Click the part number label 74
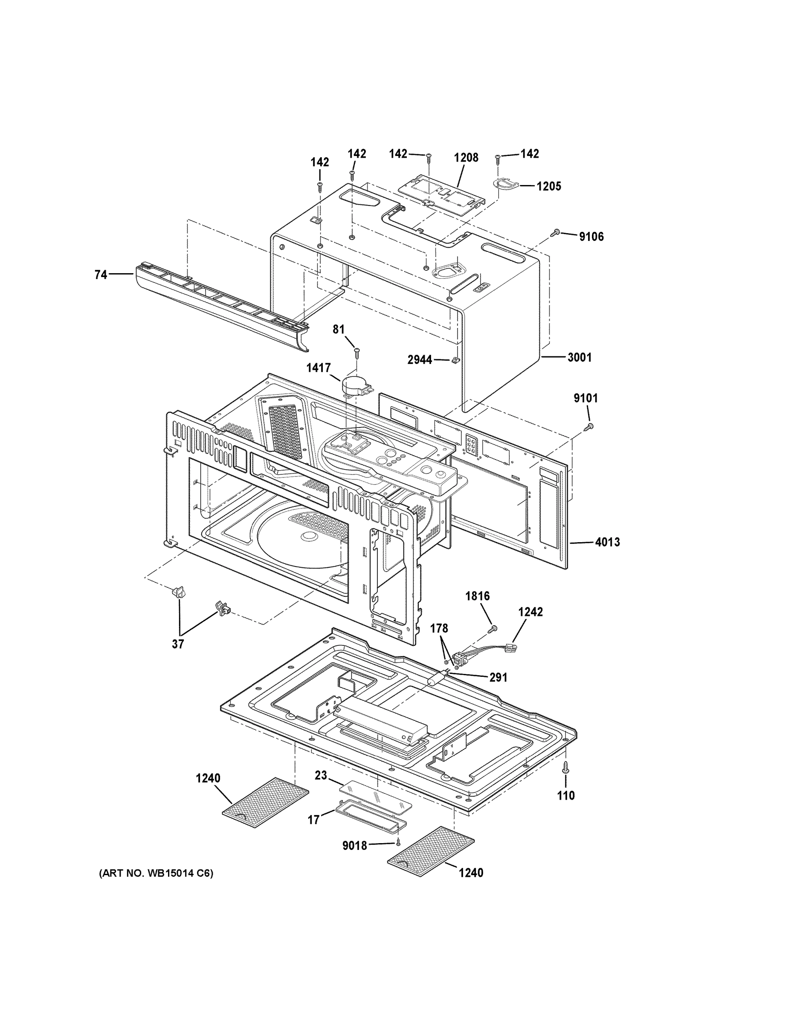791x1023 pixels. pos(101,275)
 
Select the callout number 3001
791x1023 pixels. pos(579,357)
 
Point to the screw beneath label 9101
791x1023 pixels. pos(589,426)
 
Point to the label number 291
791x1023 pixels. pos(498,677)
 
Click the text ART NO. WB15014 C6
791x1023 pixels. pos(156,873)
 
